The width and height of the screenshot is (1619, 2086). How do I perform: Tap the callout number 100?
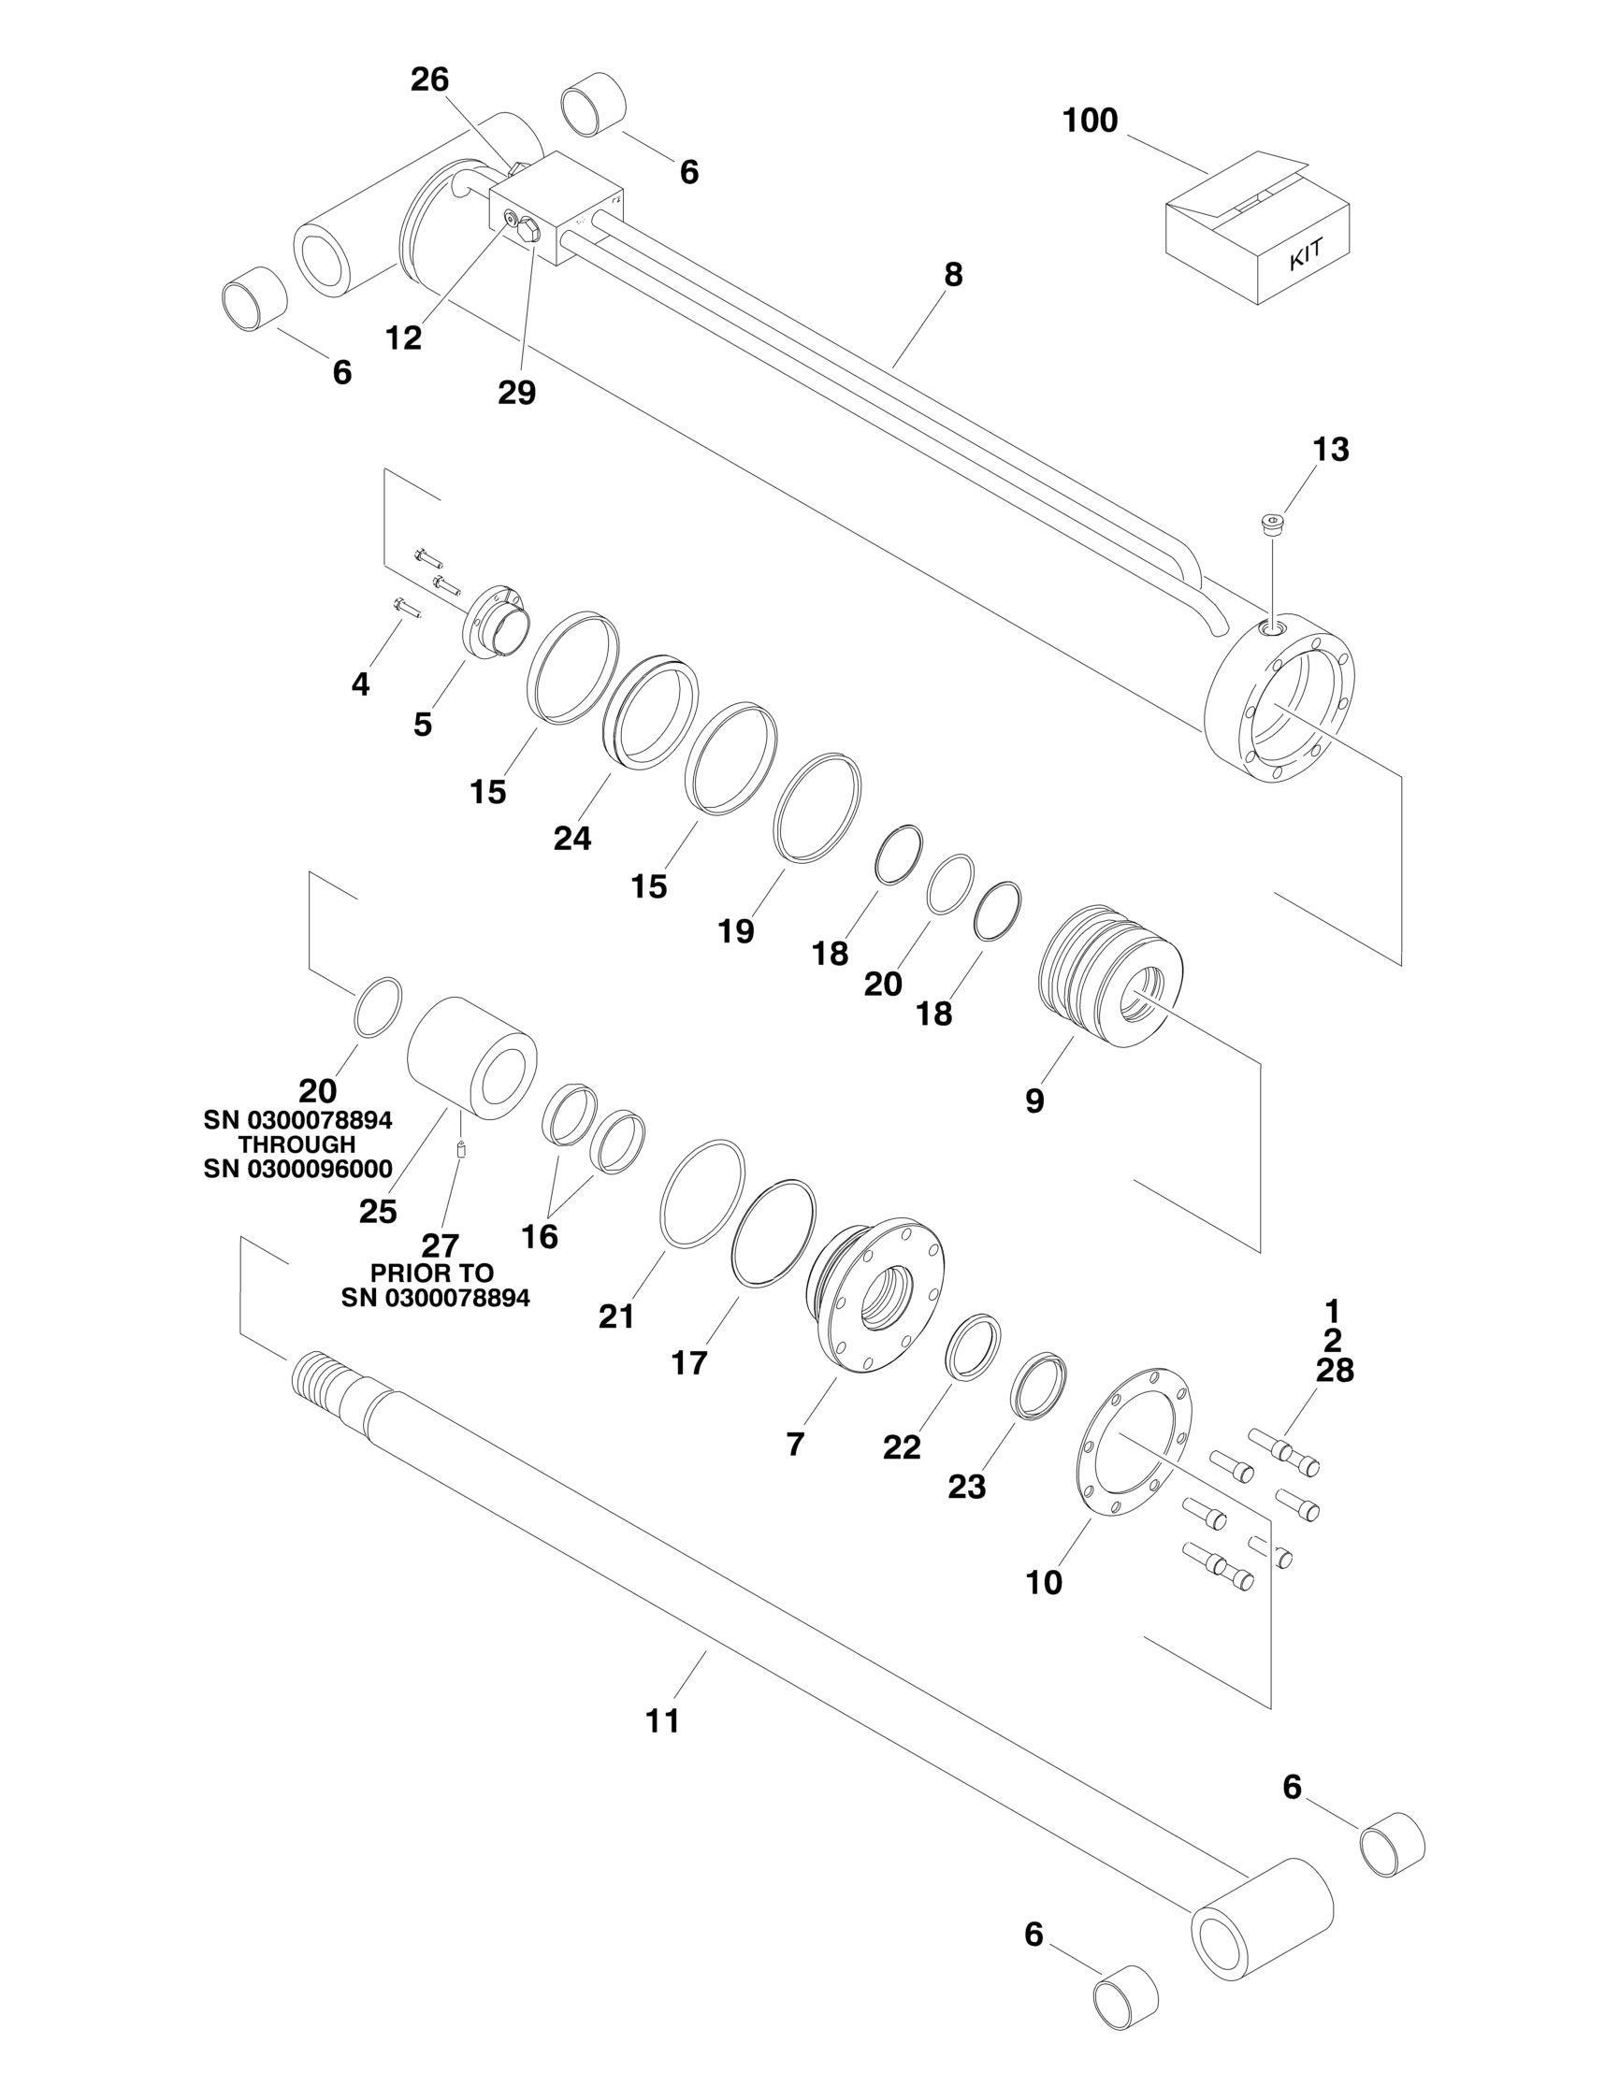pyautogui.click(x=1090, y=122)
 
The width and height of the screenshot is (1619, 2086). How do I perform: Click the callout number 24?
pyautogui.click(x=572, y=838)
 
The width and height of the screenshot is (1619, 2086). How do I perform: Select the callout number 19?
pyautogui.click(x=735, y=931)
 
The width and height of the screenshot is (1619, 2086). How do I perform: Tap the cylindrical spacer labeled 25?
pyautogui.click(x=471, y=1054)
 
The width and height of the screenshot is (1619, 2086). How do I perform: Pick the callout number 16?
pyautogui.click(x=540, y=1236)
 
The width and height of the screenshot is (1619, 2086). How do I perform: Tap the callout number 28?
pyautogui.click(x=1335, y=1371)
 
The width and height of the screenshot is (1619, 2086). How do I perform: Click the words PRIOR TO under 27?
pyautogui.click(x=432, y=1273)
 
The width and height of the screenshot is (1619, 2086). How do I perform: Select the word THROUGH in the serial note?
pyautogui.click(x=297, y=1144)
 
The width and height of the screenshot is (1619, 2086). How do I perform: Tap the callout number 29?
pyautogui.click(x=516, y=393)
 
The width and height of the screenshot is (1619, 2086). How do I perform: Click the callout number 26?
pyautogui.click(x=430, y=79)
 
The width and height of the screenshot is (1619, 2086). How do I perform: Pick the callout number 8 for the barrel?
pyautogui.click(x=952, y=275)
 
